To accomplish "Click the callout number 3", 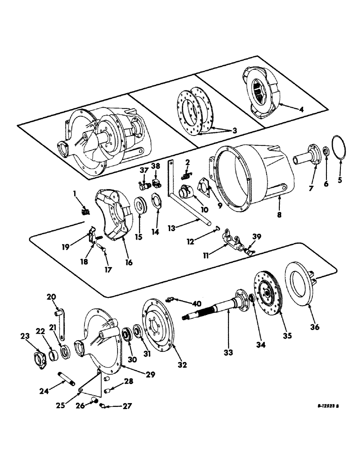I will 232,131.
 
